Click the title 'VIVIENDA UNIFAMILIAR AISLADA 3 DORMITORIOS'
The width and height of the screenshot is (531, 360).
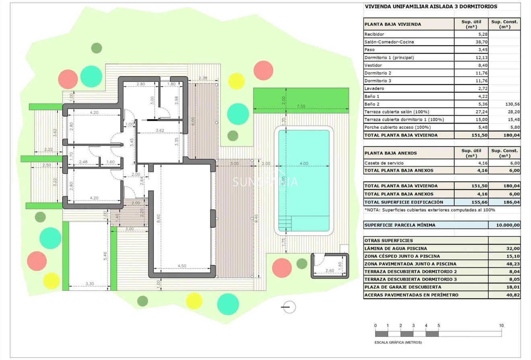431,6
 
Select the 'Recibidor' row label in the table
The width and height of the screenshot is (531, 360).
374,34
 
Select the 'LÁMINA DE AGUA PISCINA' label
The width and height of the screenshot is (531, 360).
395,249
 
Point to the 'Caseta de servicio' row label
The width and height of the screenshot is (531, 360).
384,163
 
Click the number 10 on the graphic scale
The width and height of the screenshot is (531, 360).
501,325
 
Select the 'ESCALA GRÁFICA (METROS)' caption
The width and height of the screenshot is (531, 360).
398,343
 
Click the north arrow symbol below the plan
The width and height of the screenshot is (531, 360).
289,307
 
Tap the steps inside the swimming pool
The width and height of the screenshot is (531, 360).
285,222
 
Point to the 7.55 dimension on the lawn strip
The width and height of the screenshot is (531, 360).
301,106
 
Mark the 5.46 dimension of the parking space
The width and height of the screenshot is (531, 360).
105,256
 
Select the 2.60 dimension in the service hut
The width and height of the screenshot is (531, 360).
329,270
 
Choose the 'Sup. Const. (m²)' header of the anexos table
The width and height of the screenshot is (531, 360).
504,153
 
